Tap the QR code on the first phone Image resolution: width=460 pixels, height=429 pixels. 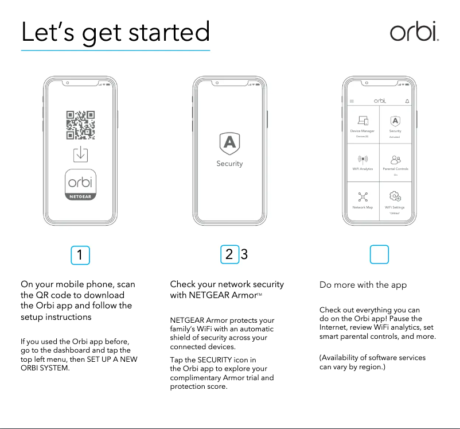pyautogui.click(x=81, y=125)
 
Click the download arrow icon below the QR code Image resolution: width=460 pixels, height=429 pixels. pyautogui.click(x=81, y=154)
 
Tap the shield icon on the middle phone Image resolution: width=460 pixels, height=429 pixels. pyautogui.click(x=229, y=143)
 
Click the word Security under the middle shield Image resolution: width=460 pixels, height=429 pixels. pyautogui.click(x=229, y=164)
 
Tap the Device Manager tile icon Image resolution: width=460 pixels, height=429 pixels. pyautogui.click(x=362, y=121)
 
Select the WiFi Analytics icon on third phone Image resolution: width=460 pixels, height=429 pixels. pyautogui.click(x=362, y=159)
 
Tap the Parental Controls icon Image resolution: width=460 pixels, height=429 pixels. pyautogui.click(x=395, y=159)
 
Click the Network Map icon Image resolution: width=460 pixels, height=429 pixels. pyautogui.click(x=362, y=197)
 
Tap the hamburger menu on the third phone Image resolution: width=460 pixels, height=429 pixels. pyautogui.click(x=352, y=101)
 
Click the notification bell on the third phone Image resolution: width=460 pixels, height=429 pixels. pyautogui.click(x=407, y=101)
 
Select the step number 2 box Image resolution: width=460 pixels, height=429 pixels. pyautogui.click(x=229, y=255)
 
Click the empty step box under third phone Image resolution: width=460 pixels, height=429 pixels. pyautogui.click(x=380, y=255)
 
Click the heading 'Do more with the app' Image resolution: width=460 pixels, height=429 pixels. pyautogui.click(x=362, y=285)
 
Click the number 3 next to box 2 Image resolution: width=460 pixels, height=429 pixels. pyautogui.click(x=244, y=255)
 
